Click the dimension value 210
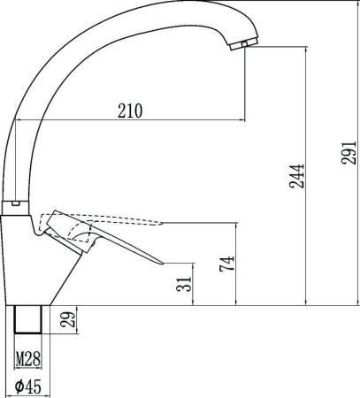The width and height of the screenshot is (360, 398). tap(129, 111)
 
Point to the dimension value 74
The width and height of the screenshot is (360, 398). tap(227, 263)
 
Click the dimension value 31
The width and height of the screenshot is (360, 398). tap(185, 285)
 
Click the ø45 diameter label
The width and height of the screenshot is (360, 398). tap(31, 386)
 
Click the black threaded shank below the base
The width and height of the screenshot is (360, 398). tap(31, 319)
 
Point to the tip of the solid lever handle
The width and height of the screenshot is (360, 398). tap(162, 261)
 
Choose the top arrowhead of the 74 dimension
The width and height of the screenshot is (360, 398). tap(234, 225)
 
